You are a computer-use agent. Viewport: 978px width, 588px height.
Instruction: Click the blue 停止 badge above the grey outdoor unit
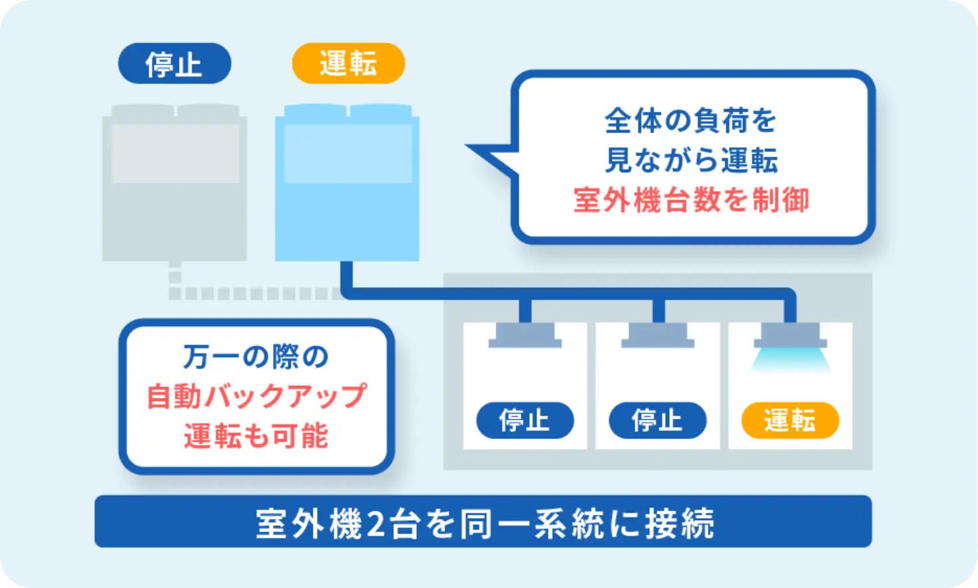174,64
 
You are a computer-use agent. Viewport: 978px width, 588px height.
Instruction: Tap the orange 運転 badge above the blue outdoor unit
348,64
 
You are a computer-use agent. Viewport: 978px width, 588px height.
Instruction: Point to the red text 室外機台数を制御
691,200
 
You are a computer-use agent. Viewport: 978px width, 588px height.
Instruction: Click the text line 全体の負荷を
691,121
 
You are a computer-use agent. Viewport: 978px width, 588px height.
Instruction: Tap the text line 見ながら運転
691,160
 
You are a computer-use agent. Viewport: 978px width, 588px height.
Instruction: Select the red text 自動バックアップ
256,396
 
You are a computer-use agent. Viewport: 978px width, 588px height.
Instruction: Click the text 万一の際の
256,357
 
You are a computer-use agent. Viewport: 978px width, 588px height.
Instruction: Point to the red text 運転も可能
256,436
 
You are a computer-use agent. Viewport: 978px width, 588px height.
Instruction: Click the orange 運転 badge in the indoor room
790,420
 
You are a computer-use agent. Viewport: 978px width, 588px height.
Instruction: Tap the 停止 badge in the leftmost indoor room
525,420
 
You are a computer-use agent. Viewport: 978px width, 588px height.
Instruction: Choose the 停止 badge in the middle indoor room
657,420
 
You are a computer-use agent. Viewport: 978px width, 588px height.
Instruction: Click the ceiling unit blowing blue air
790,336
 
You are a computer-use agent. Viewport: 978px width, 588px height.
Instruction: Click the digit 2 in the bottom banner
375,523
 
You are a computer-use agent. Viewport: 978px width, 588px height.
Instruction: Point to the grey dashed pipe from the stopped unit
253,293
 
